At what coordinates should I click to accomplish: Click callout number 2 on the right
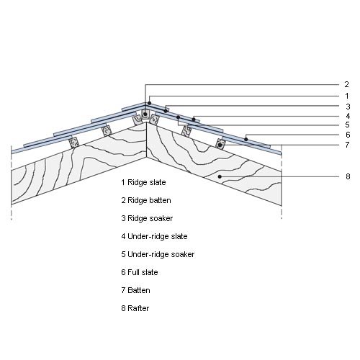point(346,84)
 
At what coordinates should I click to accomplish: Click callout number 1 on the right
point(347,96)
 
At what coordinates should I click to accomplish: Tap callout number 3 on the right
point(348,107)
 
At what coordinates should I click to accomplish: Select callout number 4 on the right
point(348,116)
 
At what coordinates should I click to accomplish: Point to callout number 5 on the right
point(347,125)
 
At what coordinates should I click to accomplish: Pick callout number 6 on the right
point(348,135)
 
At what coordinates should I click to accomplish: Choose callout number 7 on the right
point(347,145)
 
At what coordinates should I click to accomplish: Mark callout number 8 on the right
point(348,176)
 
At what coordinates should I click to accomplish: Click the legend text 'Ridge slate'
point(147,182)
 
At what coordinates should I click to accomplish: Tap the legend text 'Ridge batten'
point(149,200)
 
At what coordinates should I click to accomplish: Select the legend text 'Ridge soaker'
point(150,218)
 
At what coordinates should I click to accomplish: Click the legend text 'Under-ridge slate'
point(158,236)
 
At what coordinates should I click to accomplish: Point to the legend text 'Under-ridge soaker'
point(161,254)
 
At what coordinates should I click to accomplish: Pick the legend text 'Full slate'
point(143,272)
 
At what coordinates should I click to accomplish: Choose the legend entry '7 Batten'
point(135,290)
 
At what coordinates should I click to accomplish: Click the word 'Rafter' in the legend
point(138,308)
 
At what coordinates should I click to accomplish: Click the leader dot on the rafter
point(220,176)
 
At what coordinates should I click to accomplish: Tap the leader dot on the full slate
point(246,139)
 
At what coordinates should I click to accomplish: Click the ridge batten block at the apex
point(145,114)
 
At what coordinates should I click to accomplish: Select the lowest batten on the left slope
point(74,143)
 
